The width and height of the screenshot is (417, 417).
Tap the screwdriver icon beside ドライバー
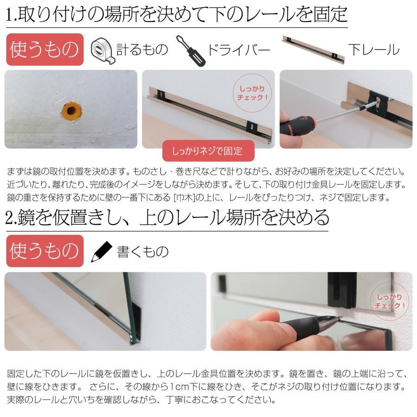pyautogui.click(x=190, y=51)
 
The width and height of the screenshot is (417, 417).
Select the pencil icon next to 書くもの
pyautogui.click(x=101, y=252)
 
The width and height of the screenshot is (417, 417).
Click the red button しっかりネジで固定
pyautogui.click(x=208, y=151)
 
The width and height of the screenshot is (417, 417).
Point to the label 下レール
pyautogui.click(x=374, y=50)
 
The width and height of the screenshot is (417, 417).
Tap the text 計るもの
pyautogui.click(x=142, y=50)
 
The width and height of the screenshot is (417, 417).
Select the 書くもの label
pyautogui.click(x=143, y=252)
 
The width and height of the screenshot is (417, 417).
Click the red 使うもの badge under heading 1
pyautogui.click(x=44, y=50)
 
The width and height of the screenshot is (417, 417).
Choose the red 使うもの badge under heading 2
pyautogui.click(x=44, y=251)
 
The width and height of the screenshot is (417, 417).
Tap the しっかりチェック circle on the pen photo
pyautogui.click(x=390, y=302)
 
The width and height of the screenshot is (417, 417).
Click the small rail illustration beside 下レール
pyautogui.click(x=313, y=49)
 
